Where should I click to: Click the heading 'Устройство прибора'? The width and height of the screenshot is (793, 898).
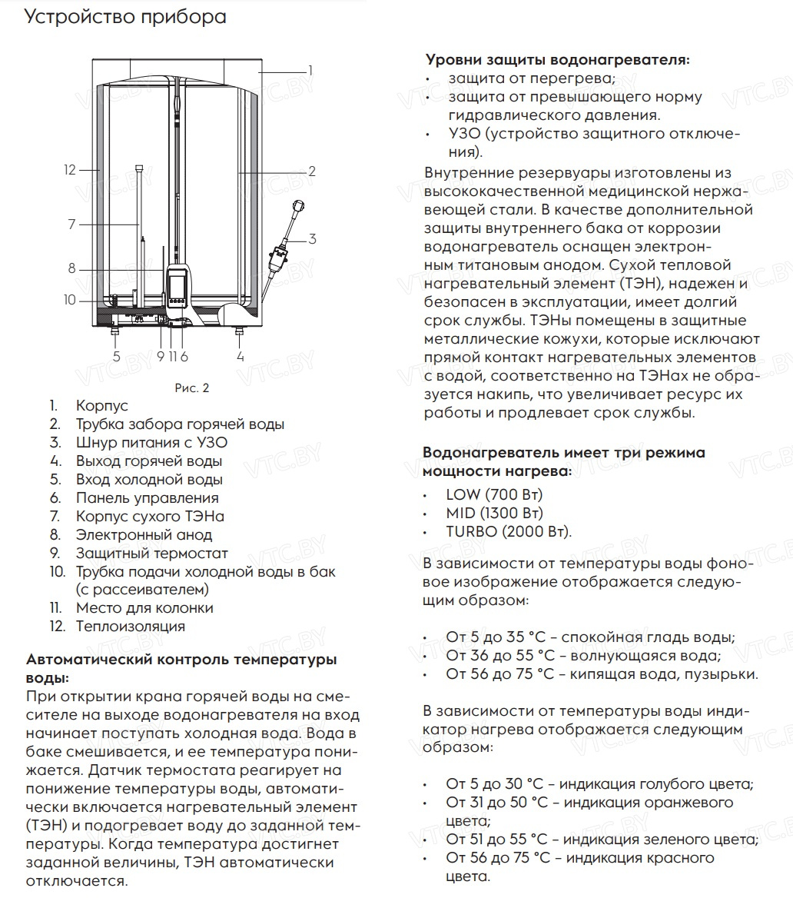coord(125,18)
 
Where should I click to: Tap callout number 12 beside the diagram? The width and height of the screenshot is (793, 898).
coord(70,170)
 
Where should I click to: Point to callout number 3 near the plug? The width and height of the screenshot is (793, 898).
coord(313,239)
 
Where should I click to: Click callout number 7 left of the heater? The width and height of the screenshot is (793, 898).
coord(71,224)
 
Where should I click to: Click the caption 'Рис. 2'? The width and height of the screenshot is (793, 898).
coord(193,388)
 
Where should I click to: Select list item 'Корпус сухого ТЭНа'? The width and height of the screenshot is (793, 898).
coord(150,517)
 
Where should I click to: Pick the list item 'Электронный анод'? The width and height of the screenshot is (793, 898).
coord(144,535)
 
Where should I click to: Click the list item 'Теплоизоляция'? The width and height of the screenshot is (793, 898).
coord(130,626)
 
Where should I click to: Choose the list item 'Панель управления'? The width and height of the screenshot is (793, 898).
coord(147,498)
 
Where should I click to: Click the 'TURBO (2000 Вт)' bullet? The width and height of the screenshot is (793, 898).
coord(509,531)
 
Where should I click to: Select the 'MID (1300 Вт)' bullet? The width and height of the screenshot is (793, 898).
coord(494,513)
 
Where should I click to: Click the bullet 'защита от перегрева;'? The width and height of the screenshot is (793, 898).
coord(532,78)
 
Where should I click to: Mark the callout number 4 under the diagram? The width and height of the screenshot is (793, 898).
coord(241,357)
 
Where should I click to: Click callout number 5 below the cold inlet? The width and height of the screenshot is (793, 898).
coord(117,357)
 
